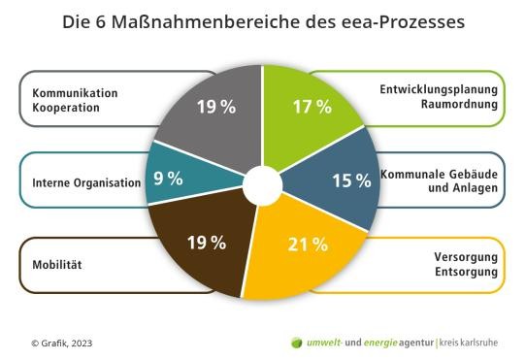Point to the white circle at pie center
[262, 184]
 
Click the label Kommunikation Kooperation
[75, 100]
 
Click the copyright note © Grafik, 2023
[62, 343]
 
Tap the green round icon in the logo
[297, 343]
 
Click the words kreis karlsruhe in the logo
[476, 343]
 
